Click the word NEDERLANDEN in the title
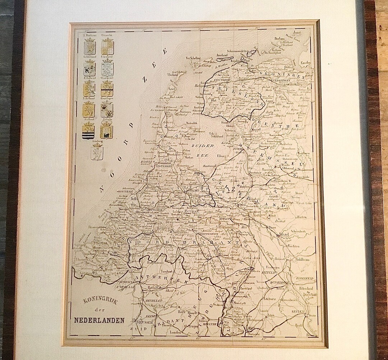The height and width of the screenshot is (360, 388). [x=100, y=320]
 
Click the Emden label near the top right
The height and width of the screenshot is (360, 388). [x=305, y=63]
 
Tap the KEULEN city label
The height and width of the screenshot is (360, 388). [x=298, y=311]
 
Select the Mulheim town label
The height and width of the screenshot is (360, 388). [x=302, y=258]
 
